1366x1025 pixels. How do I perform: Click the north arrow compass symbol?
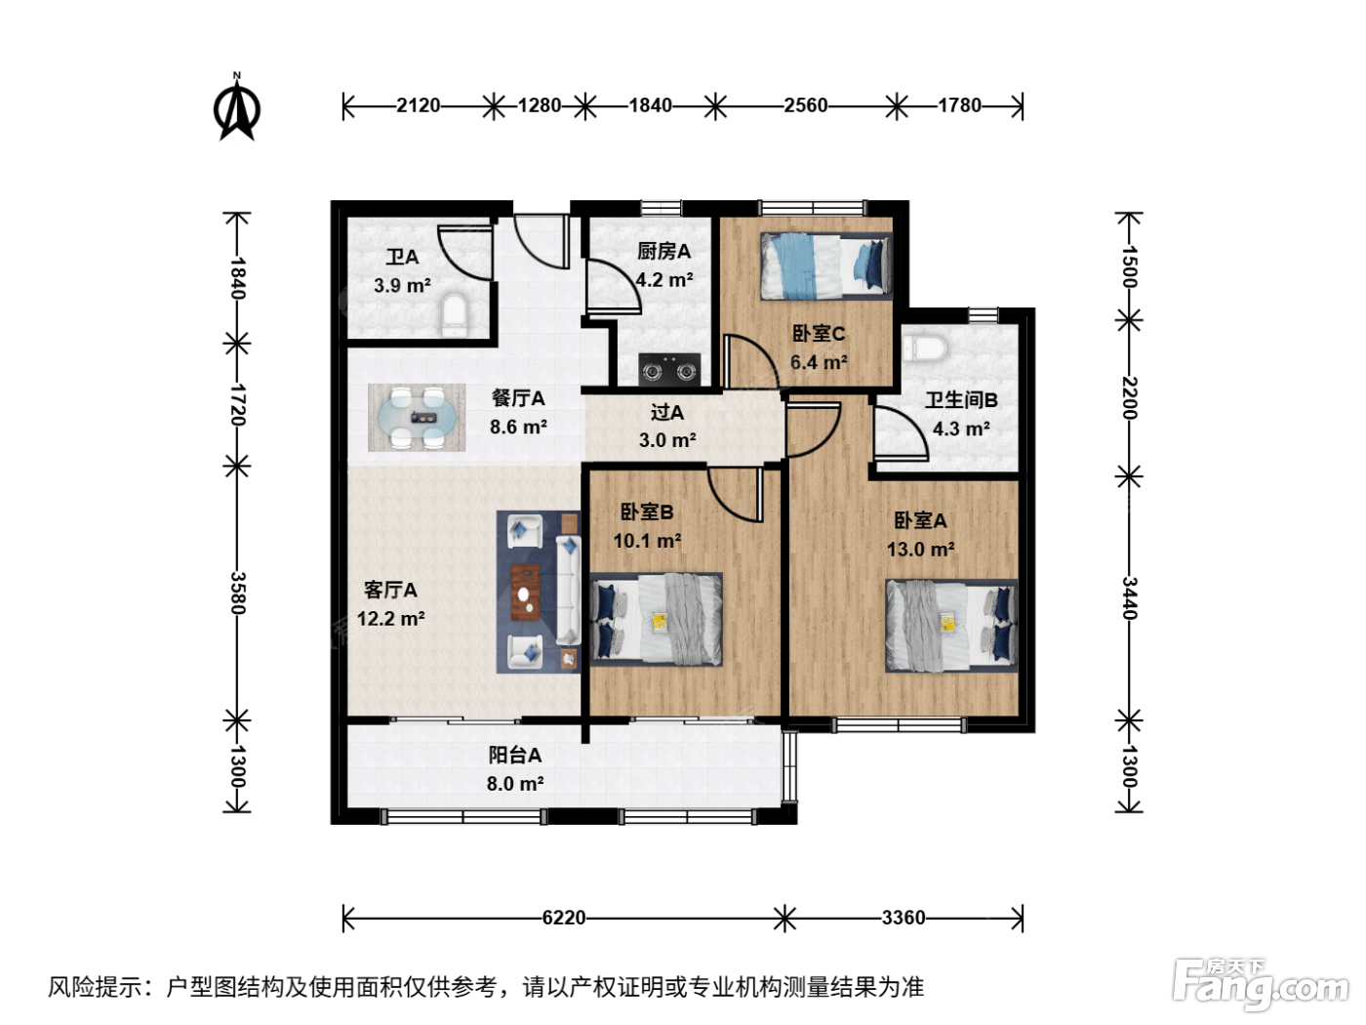click(237, 107)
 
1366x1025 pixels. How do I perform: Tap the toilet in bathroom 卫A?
click(455, 315)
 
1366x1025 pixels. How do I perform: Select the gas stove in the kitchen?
click(669, 369)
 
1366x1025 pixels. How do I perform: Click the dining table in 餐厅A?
click(417, 417)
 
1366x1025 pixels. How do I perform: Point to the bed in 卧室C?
click(825, 266)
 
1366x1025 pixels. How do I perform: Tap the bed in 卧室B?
click(656, 619)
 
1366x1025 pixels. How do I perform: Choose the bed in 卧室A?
click(951, 626)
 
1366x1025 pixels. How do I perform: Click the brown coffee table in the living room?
click(525, 592)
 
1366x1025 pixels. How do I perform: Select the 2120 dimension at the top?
click(419, 105)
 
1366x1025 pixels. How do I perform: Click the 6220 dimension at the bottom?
click(564, 918)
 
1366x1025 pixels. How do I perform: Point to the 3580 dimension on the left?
click(237, 593)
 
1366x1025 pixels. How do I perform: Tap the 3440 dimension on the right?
click(1129, 598)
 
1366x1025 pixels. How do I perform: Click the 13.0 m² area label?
click(920, 550)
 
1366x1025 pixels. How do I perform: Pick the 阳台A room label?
click(514, 755)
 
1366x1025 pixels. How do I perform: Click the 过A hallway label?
click(667, 412)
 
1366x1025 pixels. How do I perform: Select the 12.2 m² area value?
click(391, 619)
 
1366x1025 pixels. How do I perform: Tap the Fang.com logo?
click(1261, 985)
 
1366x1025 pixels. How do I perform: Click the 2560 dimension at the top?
click(805, 105)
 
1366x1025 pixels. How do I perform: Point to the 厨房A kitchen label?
click(663, 252)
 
